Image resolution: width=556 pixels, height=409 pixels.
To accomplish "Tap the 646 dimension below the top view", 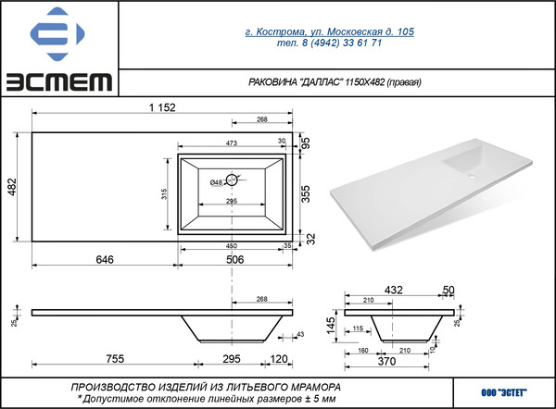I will click(x=104, y=260).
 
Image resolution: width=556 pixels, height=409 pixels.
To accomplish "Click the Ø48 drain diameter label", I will click(x=216, y=181).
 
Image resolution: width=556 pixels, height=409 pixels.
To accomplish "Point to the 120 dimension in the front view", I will click(x=278, y=358).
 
